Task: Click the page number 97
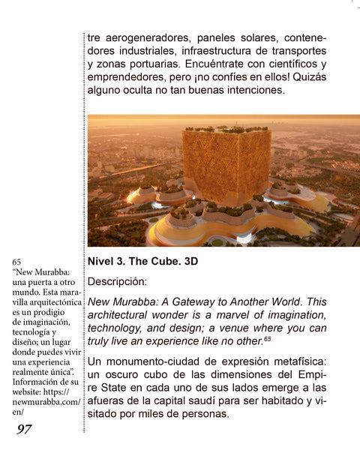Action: (x=24, y=429)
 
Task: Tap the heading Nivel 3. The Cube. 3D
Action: (x=142, y=262)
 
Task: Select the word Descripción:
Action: (x=118, y=281)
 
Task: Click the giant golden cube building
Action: (x=226, y=165)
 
